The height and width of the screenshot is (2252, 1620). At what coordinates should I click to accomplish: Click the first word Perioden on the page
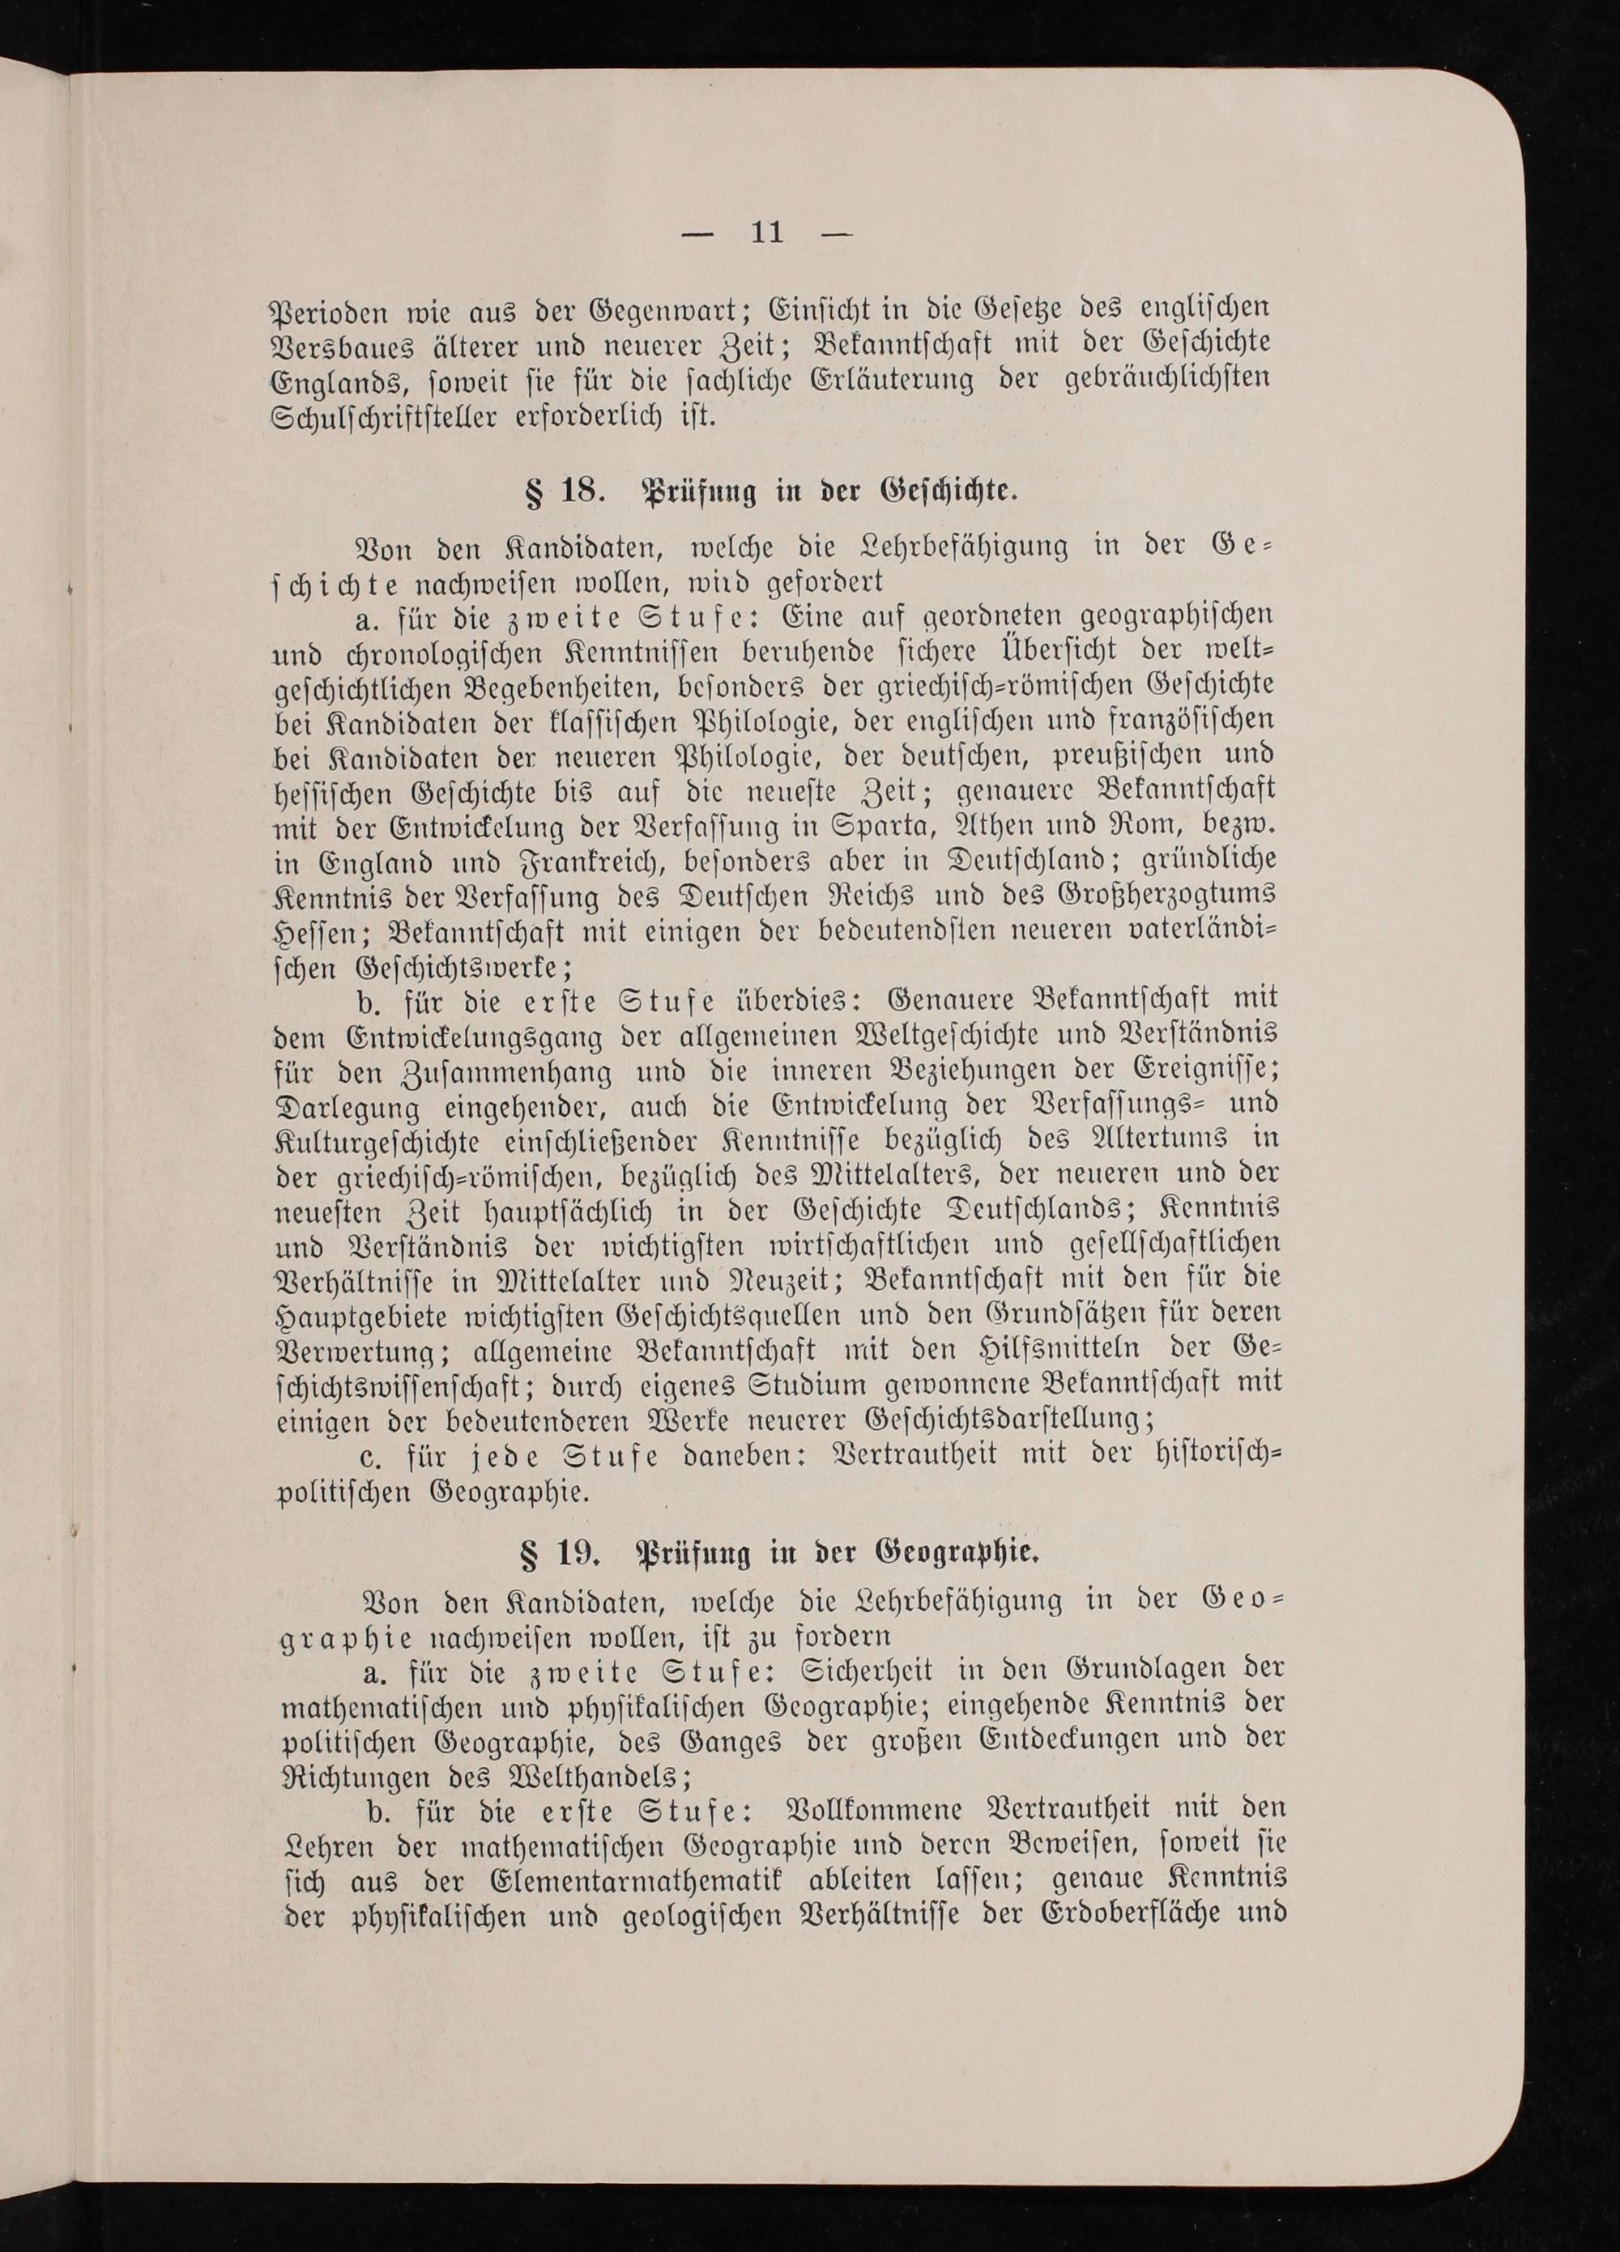pos(334,307)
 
